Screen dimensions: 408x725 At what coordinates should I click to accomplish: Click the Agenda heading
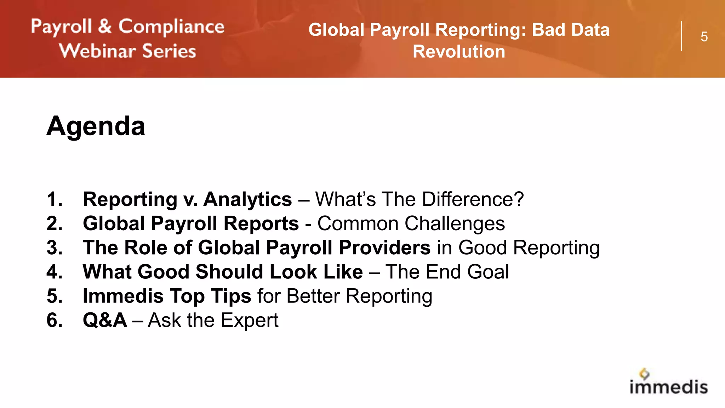pyautogui.click(x=96, y=126)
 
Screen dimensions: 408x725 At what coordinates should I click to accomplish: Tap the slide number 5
pyautogui.click(x=704, y=37)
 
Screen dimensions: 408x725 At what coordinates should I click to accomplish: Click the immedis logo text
pyautogui.click(x=668, y=387)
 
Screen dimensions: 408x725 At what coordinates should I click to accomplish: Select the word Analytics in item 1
pyautogui.click(x=247, y=199)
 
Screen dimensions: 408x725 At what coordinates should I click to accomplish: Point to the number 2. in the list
pyautogui.click(x=55, y=224)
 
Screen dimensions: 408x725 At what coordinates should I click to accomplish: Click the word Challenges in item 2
pyautogui.click(x=455, y=224)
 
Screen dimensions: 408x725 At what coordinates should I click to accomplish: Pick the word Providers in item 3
pyautogui.click(x=384, y=248)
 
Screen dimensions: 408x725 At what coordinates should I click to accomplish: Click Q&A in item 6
pyautogui.click(x=105, y=321)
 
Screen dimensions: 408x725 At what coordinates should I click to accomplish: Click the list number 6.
pyautogui.click(x=55, y=321)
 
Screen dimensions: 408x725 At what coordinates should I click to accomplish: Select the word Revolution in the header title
pyautogui.click(x=459, y=52)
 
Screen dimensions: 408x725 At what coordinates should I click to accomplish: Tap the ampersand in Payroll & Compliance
pyautogui.click(x=105, y=27)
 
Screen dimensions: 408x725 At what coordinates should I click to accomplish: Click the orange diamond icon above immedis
pyautogui.click(x=644, y=374)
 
